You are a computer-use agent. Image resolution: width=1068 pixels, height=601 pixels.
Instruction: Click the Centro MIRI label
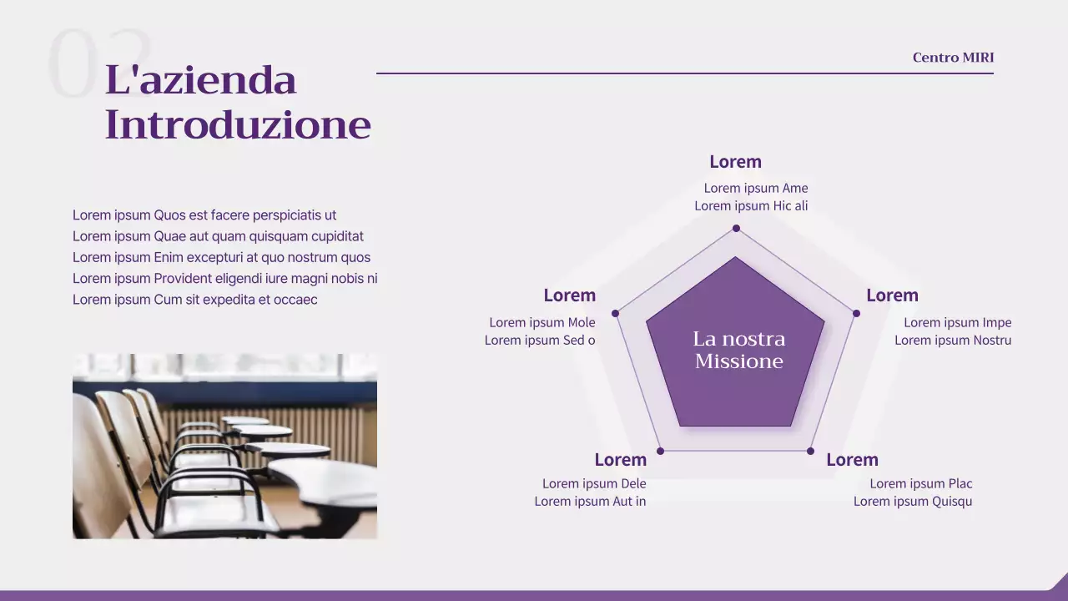coord(953,58)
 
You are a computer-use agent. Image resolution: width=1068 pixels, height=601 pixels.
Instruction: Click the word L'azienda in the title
coord(200,81)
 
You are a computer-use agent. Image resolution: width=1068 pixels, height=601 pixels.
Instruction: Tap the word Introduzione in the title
coord(238,125)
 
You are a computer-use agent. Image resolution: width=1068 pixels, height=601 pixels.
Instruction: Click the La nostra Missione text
coord(738,350)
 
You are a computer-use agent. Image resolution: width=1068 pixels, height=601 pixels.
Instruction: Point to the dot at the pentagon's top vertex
coord(736,228)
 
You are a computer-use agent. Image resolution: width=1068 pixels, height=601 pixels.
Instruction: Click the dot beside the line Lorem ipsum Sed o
coord(616,313)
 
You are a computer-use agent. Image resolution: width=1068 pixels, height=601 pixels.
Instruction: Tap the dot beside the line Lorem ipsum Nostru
coord(856,313)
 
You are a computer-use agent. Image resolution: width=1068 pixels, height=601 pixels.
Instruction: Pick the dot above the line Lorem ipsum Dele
coord(660,451)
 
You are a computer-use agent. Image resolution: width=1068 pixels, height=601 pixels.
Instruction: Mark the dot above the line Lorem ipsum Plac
coord(810,451)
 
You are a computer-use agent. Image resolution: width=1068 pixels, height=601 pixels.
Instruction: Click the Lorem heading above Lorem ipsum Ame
coord(735,162)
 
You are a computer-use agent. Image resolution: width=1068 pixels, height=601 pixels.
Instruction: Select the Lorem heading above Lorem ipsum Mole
coord(569,295)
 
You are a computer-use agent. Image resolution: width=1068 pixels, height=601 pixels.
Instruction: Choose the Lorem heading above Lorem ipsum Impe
coord(892,295)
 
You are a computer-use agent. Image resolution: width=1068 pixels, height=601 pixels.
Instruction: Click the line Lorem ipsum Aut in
coord(590,502)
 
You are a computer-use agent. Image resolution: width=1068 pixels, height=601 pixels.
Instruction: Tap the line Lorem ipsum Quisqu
coord(913,502)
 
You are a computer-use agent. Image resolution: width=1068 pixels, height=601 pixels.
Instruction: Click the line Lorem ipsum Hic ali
coord(751,206)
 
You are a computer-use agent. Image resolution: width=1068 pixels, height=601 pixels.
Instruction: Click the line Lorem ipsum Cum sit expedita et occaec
coord(194,300)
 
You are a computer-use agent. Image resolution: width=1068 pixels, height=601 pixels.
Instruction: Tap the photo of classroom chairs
coord(224,446)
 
